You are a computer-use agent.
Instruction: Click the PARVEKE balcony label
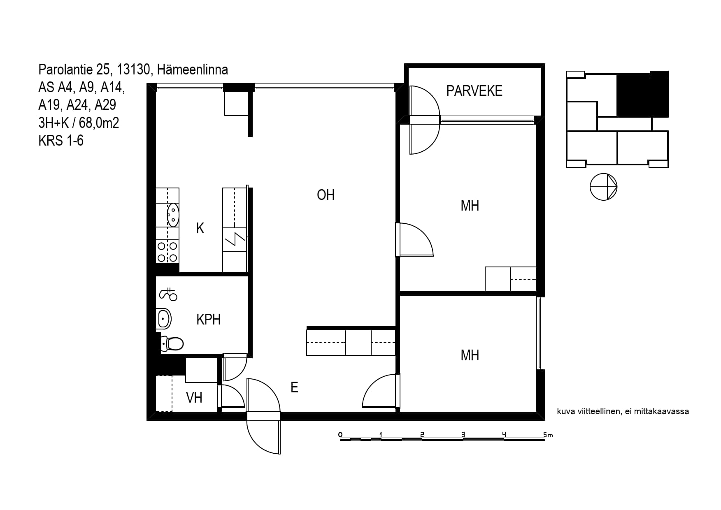474,91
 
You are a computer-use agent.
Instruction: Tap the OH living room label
326,195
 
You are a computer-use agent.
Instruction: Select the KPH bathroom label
208,320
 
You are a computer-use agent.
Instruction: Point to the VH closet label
194,398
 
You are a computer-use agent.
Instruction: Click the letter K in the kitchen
200,228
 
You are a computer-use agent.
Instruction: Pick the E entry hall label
294,387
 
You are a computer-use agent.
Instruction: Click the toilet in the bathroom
172,343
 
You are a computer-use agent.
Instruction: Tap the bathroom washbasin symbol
164,319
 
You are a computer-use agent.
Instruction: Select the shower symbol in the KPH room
168,294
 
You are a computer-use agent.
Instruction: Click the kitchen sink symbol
173,215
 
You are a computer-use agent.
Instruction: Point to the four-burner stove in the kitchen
167,252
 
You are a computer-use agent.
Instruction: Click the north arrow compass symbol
604,187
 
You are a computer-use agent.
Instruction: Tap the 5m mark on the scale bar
548,435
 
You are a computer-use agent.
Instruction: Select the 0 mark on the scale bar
340,435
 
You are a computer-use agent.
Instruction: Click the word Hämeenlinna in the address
193,70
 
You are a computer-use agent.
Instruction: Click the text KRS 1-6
61,141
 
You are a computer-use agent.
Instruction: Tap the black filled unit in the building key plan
642,95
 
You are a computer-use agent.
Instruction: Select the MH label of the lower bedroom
470,355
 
